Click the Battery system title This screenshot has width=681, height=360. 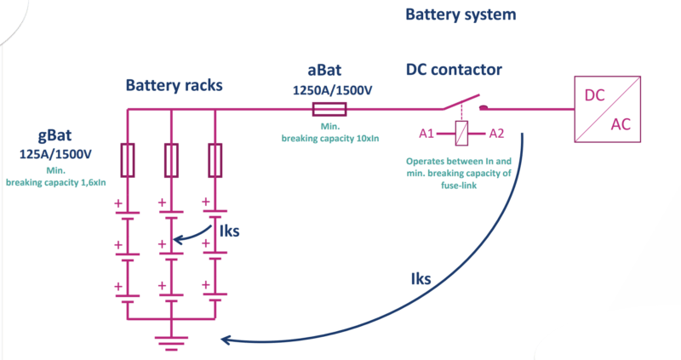click(x=461, y=15)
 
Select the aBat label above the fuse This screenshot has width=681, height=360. click(x=329, y=70)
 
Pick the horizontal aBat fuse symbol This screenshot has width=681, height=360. click(x=329, y=109)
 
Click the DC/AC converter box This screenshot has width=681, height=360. click(x=608, y=109)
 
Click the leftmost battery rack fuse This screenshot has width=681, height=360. click(x=128, y=160)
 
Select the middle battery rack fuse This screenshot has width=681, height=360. click(x=171, y=160)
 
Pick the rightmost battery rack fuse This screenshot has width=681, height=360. click(x=215, y=160)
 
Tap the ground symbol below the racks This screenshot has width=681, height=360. click(x=171, y=342)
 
